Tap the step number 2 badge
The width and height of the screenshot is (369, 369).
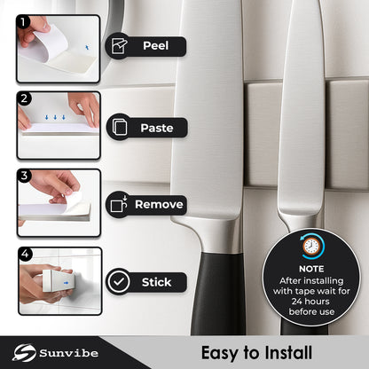(24, 98)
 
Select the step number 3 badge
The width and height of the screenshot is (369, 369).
(24, 175)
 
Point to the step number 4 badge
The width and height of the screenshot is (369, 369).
(24, 253)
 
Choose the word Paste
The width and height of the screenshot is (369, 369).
(156, 128)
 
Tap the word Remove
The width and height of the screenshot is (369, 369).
(159, 205)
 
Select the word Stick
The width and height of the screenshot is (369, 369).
(157, 282)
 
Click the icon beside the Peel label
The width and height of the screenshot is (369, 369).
(119, 45)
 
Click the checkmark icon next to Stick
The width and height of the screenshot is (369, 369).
(119, 282)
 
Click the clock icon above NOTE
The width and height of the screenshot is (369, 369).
(310, 247)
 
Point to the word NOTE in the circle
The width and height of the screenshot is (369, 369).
(310, 268)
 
